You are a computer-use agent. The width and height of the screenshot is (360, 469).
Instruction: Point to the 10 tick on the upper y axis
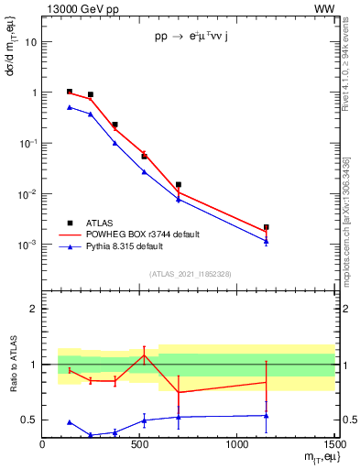point(31,42)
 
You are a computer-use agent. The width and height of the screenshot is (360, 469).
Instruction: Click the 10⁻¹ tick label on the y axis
point(27,144)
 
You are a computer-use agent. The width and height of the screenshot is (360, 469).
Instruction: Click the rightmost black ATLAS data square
point(266,227)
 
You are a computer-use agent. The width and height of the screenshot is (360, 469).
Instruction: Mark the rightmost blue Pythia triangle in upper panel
point(266,241)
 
